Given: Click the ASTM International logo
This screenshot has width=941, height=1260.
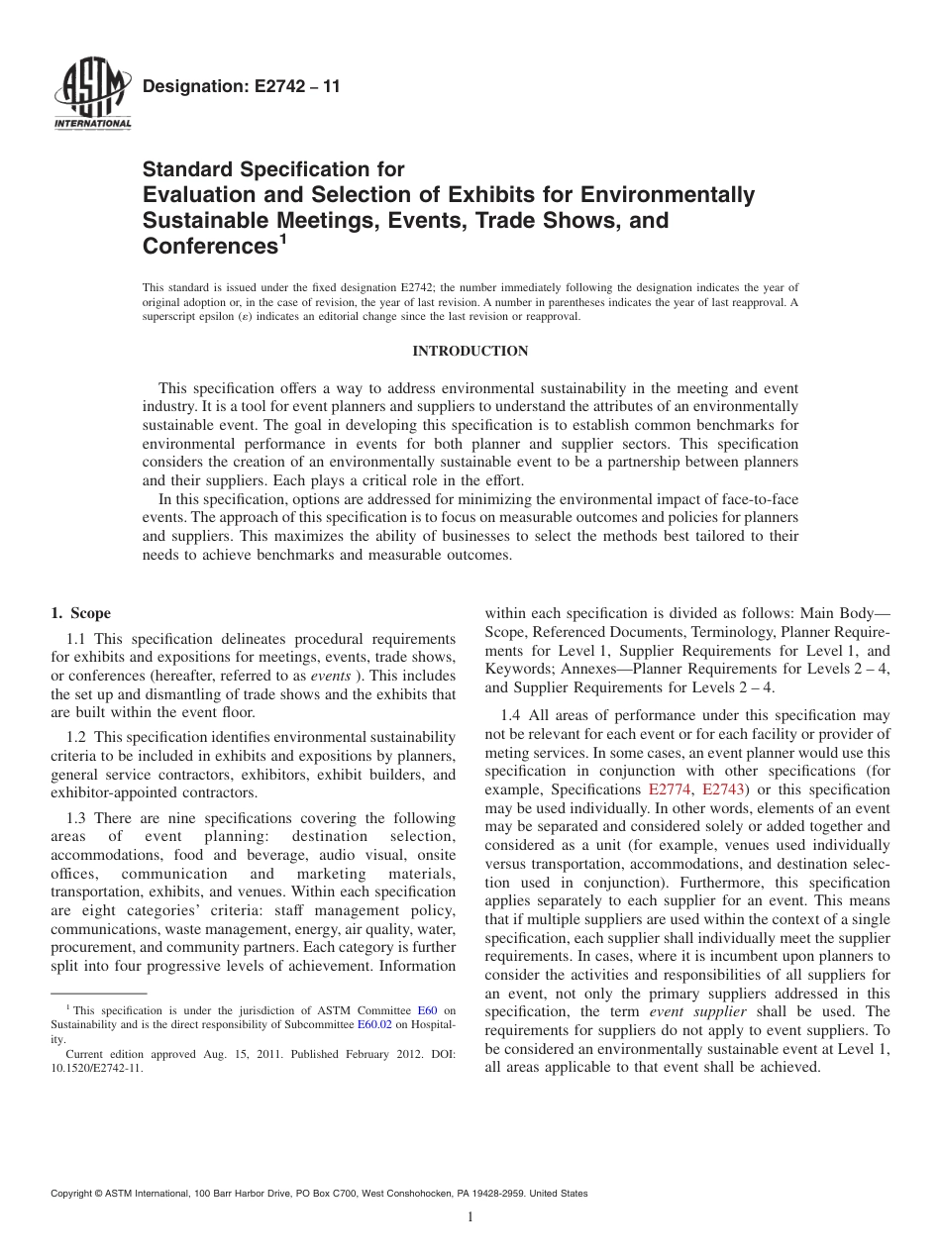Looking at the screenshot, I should pos(90,97).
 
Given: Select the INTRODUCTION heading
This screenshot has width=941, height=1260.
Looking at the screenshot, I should pos(470,351).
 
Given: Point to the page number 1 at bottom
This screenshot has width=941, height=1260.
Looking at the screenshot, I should pos(470,1217).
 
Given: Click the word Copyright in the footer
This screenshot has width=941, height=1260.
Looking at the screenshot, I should pos(75,1194).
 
